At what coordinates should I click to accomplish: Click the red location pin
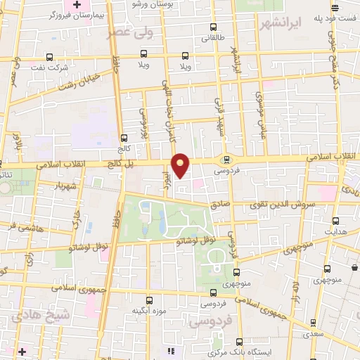(x=181, y=165)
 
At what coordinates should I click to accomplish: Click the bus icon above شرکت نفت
(x=49, y=57)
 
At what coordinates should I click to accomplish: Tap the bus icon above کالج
(x=124, y=138)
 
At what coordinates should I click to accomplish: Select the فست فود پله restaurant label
(x=328, y=16)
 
